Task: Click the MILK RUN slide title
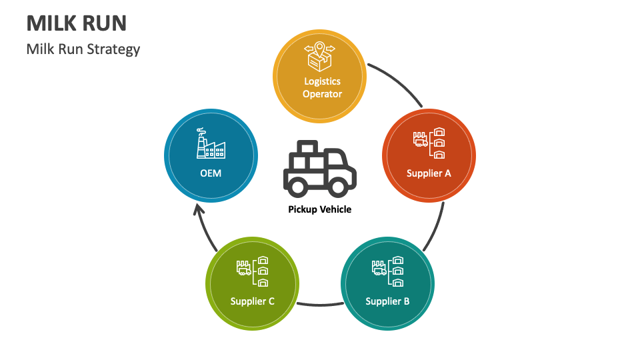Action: (x=77, y=23)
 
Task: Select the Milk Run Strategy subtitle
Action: (x=83, y=49)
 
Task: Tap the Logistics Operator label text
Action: (x=322, y=88)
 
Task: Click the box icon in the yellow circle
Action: (x=319, y=57)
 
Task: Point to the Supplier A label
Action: (x=429, y=173)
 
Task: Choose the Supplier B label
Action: (x=387, y=301)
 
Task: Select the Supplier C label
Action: (x=252, y=301)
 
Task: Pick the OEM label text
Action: (x=210, y=173)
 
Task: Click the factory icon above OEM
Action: (x=210, y=143)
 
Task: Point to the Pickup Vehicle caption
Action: (x=319, y=209)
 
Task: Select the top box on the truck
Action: (x=309, y=148)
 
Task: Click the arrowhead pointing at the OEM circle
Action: (x=197, y=211)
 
